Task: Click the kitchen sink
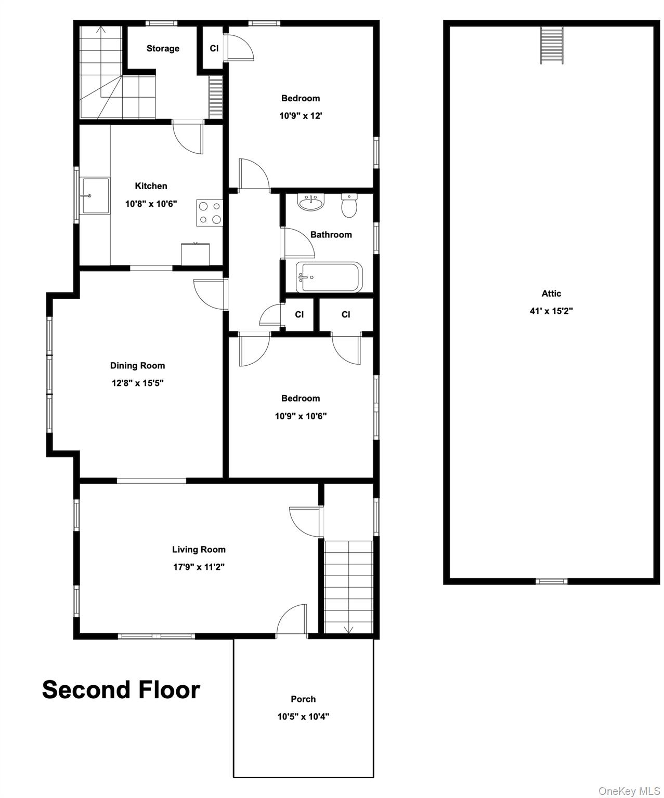[x=95, y=196]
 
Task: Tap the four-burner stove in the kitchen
[x=210, y=212]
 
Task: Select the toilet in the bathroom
[x=349, y=206]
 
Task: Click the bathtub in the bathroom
[x=329, y=277]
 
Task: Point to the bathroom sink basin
[x=311, y=202]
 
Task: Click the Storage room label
[x=163, y=48]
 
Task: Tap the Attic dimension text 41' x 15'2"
[x=551, y=311]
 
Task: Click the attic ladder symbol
[x=552, y=45]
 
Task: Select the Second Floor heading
[x=121, y=689]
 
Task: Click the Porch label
[x=303, y=699]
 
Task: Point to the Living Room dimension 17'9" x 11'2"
[x=199, y=567]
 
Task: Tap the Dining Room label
[x=137, y=365]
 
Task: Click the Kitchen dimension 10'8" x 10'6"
[x=151, y=204]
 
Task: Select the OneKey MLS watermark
[x=629, y=791]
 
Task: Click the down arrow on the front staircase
[x=348, y=629]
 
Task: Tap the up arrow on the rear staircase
[x=101, y=30]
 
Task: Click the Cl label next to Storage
[x=214, y=48]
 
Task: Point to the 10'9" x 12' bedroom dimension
[x=301, y=116]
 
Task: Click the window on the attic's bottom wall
[x=552, y=581]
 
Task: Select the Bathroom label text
[x=331, y=234]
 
